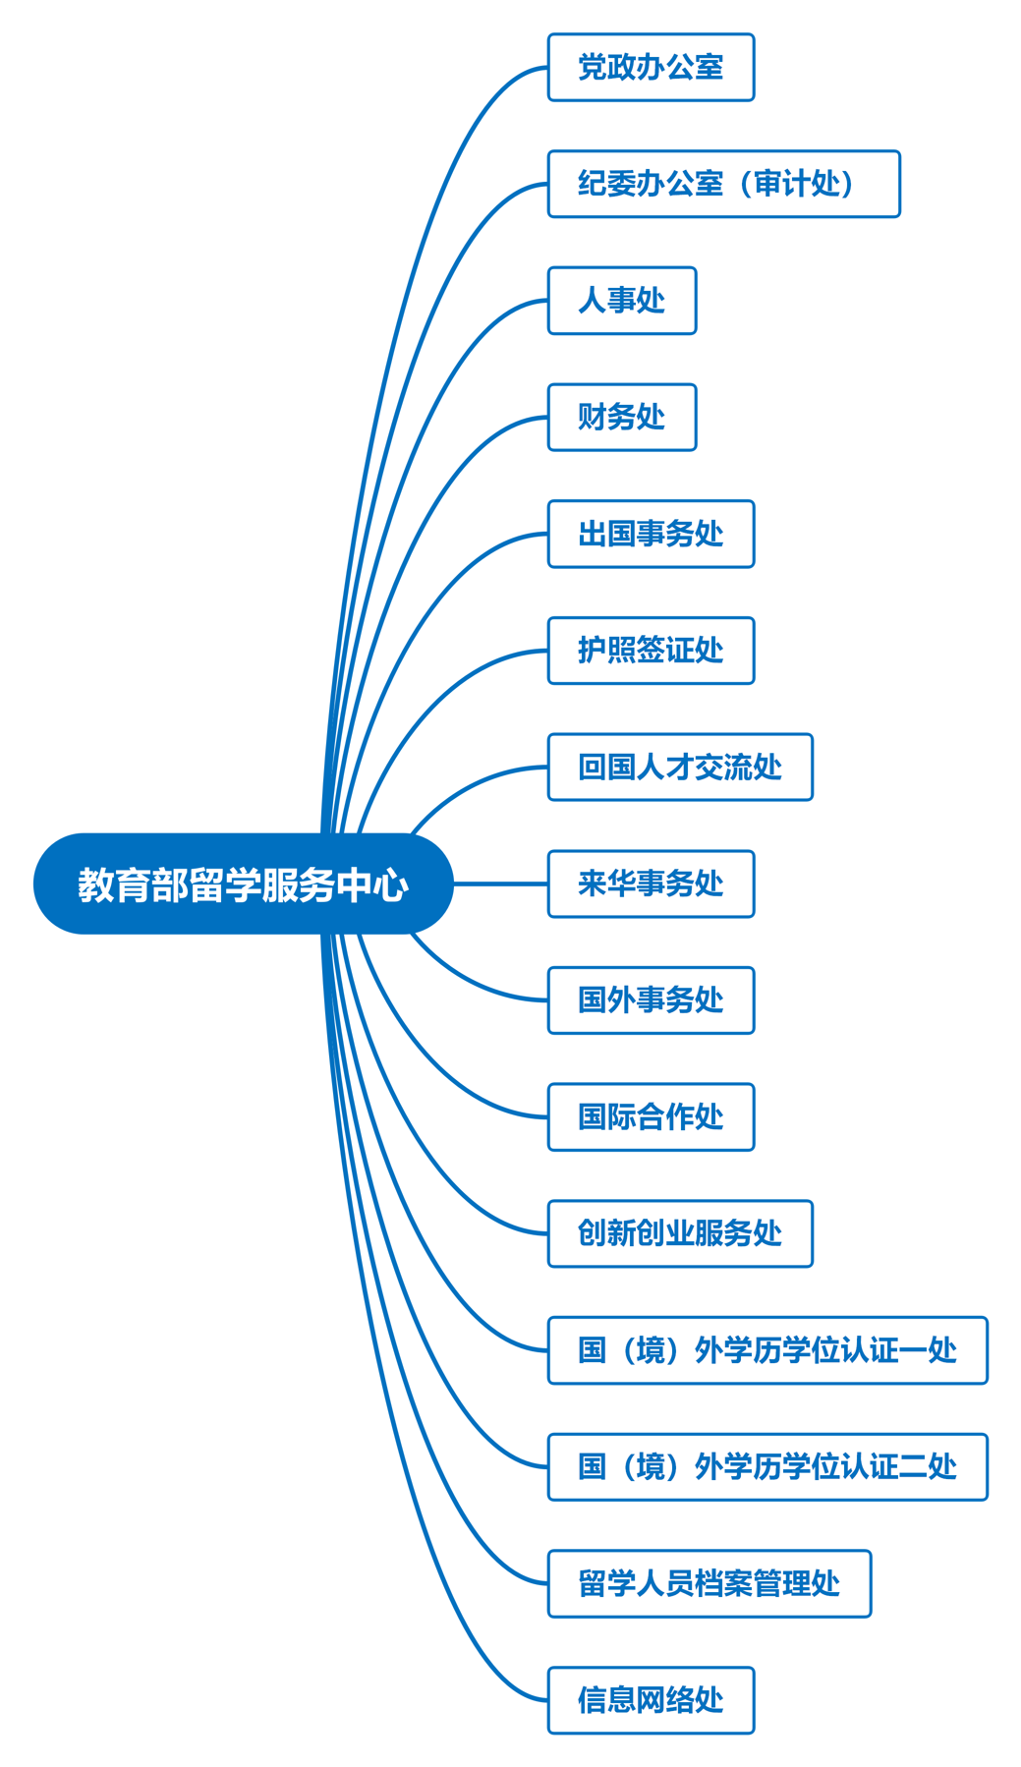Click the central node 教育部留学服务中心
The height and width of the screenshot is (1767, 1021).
click(x=243, y=883)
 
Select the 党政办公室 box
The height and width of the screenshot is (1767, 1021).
click(x=651, y=67)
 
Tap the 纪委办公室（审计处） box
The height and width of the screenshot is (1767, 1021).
click(x=723, y=184)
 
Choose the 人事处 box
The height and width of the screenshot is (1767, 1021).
click(x=621, y=301)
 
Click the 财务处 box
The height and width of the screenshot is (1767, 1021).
click(x=621, y=418)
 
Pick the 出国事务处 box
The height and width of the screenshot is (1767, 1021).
click(x=651, y=534)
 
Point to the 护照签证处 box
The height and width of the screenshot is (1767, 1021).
click(x=651, y=651)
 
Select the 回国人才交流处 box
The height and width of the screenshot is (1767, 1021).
click(x=680, y=768)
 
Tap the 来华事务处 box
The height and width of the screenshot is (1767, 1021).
click(x=651, y=883)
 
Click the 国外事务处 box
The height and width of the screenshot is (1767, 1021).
click(x=651, y=1000)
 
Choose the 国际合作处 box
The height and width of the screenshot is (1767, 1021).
click(x=651, y=1117)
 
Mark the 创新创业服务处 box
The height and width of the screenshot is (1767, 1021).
click(x=680, y=1233)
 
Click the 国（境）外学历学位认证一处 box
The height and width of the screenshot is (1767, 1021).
click(x=767, y=1350)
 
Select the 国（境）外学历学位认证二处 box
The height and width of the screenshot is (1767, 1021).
click(x=767, y=1467)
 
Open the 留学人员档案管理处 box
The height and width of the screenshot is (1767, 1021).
click(x=709, y=1583)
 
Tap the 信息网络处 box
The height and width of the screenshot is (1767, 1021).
click(x=651, y=1700)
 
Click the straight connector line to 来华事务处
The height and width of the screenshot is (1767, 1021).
click(x=501, y=883)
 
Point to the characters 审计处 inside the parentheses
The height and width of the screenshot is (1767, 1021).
click(x=796, y=184)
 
